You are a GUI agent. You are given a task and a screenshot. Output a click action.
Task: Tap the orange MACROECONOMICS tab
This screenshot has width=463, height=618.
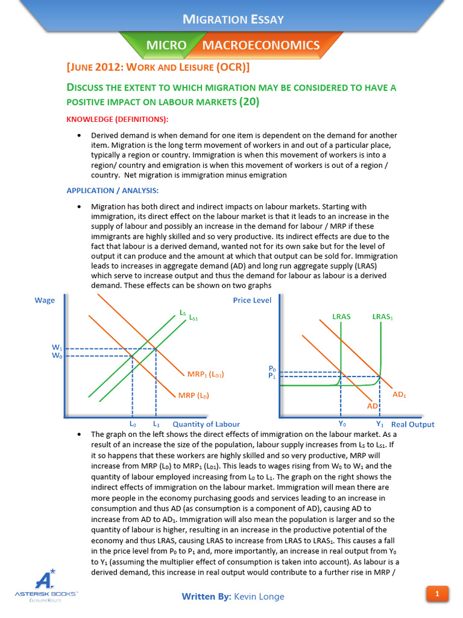[x=260, y=45]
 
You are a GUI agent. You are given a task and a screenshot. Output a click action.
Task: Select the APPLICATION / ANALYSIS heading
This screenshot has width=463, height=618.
[x=112, y=191]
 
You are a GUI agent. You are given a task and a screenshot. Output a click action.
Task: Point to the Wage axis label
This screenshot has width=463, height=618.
[x=45, y=301]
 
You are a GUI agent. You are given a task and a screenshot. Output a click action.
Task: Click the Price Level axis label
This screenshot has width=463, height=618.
[x=252, y=301]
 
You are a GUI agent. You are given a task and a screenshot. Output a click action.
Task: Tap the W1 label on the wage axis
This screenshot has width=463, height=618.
[x=57, y=348]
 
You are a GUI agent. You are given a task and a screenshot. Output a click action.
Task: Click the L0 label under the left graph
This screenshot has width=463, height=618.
[x=133, y=424]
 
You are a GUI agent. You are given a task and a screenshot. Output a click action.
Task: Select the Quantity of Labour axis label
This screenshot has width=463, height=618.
[x=206, y=424]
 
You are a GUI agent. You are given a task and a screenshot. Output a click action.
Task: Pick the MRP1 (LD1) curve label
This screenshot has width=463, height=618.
[x=206, y=374]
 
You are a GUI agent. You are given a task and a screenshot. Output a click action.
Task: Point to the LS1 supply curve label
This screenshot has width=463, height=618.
[x=194, y=317]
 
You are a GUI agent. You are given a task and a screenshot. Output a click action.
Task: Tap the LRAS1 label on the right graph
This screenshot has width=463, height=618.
[x=383, y=316]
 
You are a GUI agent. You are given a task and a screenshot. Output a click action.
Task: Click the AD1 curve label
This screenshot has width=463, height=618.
[x=400, y=394]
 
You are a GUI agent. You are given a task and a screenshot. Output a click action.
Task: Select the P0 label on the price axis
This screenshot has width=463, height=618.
[x=272, y=368]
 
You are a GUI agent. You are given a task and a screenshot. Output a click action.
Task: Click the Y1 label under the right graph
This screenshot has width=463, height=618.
[x=380, y=424]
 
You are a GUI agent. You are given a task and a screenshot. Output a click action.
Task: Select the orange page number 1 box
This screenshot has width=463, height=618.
[x=437, y=594]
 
